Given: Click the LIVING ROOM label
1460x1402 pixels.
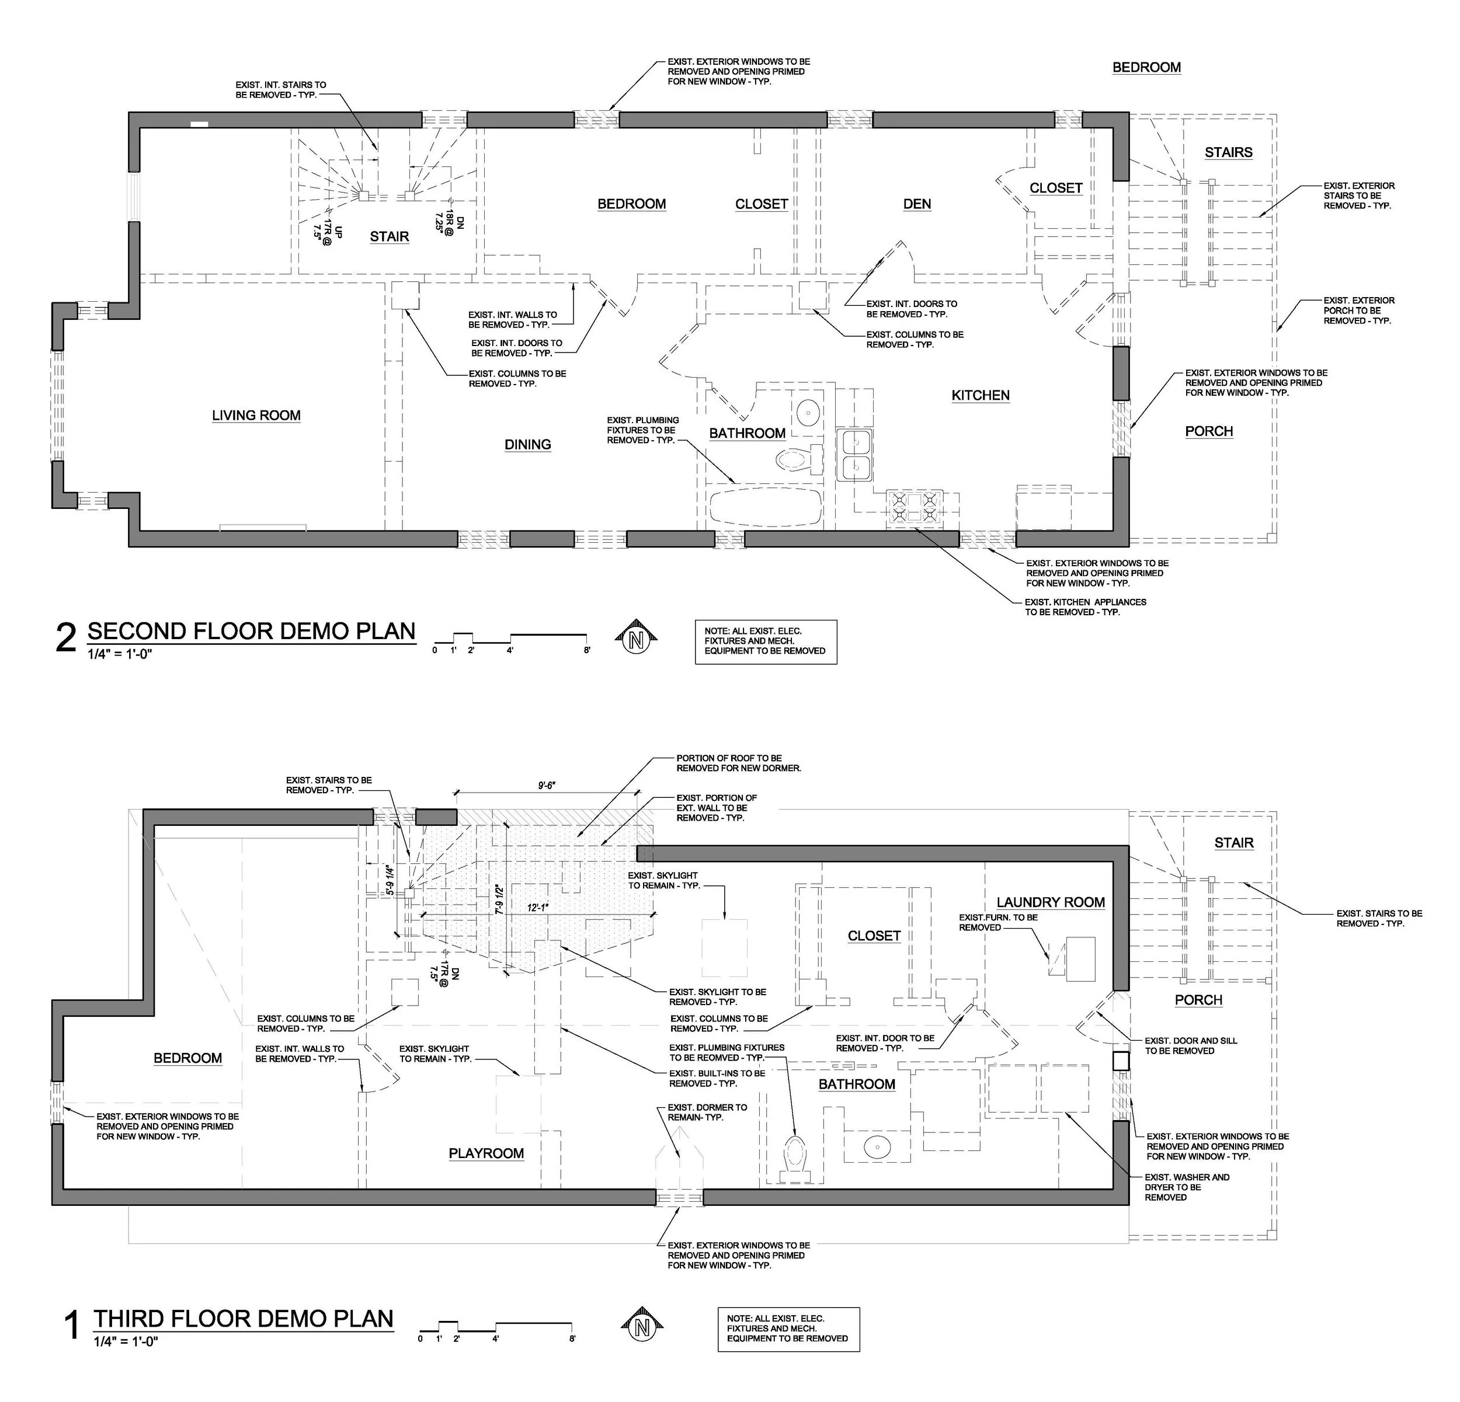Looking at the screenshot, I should tap(256, 416).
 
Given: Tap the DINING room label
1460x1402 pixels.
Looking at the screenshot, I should tap(527, 445).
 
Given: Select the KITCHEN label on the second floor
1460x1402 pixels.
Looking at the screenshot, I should tap(981, 395).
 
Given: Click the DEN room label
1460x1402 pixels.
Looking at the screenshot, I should tap(917, 204).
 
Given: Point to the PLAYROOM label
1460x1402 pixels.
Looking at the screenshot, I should tap(486, 1153).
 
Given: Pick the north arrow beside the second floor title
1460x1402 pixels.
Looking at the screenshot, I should tap(636, 640).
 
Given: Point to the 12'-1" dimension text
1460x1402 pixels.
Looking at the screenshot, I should tap(537, 908).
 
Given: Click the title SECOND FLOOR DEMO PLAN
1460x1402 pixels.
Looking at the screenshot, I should tap(251, 632).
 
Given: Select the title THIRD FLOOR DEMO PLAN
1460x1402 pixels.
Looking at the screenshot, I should tap(244, 1319).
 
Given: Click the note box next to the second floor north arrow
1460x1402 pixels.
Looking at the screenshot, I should tap(765, 641).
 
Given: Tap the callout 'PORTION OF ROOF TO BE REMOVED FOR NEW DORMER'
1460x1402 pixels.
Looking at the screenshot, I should tap(738, 762).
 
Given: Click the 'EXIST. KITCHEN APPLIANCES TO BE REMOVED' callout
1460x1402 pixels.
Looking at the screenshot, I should tap(1085, 607).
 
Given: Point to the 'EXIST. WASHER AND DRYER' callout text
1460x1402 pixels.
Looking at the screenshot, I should tap(1187, 1187).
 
